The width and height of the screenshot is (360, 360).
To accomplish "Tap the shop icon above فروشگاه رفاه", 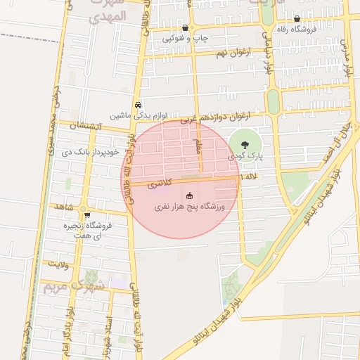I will [x=297, y=20].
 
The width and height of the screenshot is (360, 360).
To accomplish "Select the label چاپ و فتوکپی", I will [x=185, y=39].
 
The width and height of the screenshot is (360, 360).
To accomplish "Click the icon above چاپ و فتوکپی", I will [x=185, y=29].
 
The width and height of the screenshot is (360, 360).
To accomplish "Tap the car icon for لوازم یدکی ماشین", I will [x=138, y=103].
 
